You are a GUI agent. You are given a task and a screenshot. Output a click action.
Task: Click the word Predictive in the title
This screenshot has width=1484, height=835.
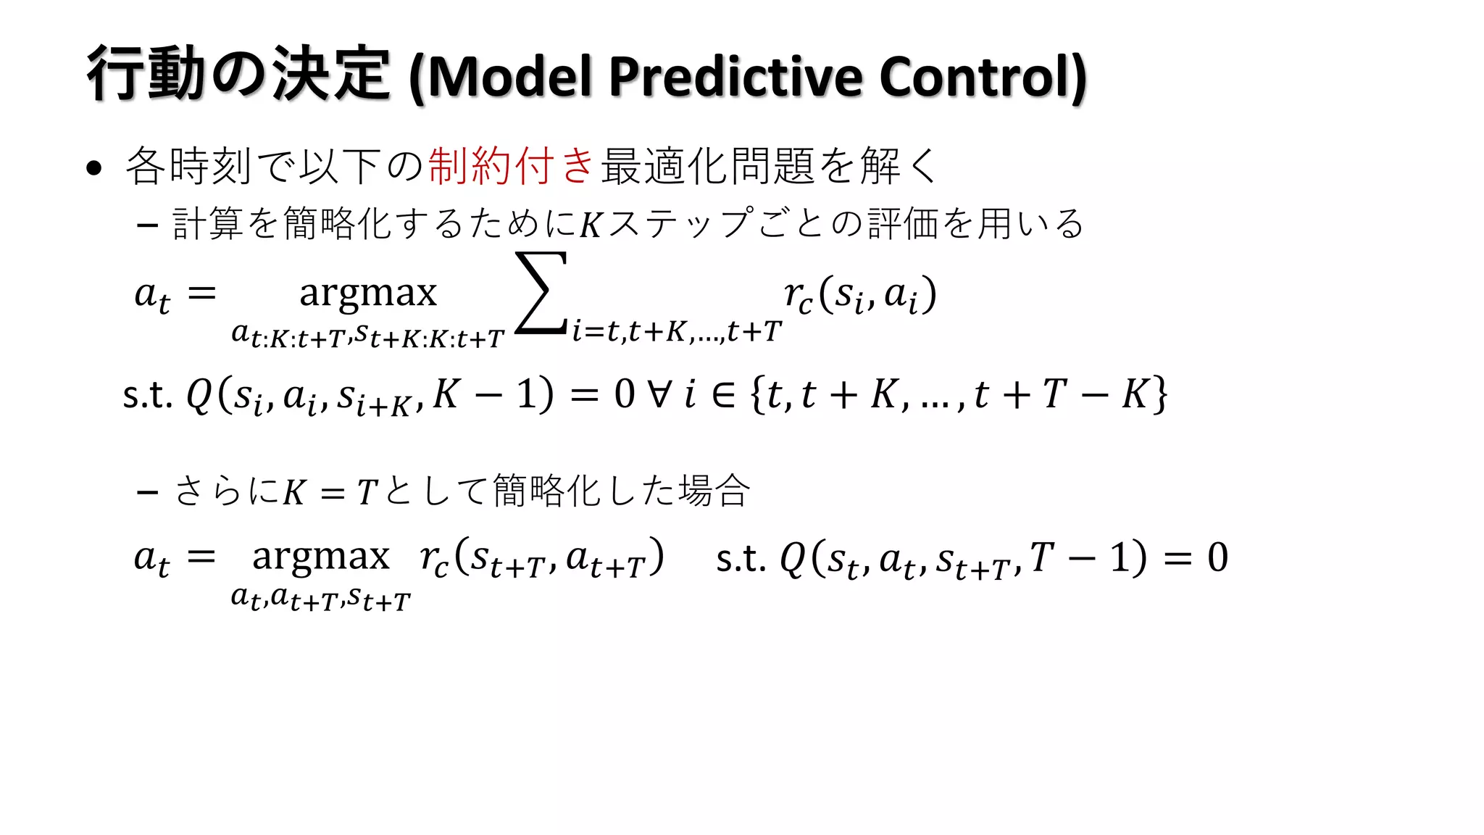point(735,77)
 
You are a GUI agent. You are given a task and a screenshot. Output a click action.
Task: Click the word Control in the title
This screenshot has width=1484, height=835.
point(975,77)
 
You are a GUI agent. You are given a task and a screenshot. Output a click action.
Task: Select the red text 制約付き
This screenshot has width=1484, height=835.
point(512,165)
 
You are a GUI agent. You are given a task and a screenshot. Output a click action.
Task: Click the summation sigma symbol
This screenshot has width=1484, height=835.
point(541,293)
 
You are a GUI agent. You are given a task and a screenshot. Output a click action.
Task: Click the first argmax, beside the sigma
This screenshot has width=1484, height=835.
point(368,293)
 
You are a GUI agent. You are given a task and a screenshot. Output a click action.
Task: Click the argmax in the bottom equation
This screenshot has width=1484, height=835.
point(321,557)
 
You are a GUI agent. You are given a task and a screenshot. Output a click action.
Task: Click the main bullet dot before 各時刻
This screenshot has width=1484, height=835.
point(93,168)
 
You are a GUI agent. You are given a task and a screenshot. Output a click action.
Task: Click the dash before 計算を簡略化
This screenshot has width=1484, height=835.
point(148,225)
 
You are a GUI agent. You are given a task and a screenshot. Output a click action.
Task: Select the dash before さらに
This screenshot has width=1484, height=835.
point(148,493)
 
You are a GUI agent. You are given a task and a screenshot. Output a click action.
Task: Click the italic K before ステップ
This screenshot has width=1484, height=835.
point(591,225)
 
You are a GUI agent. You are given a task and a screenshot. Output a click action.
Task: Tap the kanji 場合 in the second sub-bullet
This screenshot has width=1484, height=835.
point(714,491)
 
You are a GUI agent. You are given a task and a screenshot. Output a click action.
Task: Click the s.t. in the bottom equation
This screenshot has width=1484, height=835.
point(741,558)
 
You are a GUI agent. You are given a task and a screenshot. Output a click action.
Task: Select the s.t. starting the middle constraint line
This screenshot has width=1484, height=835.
point(147,396)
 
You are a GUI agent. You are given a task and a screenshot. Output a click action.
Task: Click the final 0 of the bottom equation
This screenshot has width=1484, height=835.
point(1217,557)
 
